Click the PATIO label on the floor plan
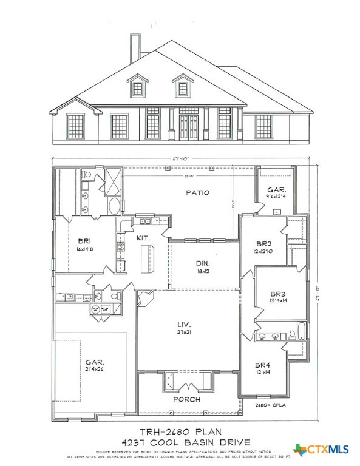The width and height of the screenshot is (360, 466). (198, 193)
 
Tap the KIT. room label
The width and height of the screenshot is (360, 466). (143, 238)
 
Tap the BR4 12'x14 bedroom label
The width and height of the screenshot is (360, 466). (263, 368)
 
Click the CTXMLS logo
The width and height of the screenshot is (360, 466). (321, 450)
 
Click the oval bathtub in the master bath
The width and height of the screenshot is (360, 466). (114, 206)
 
